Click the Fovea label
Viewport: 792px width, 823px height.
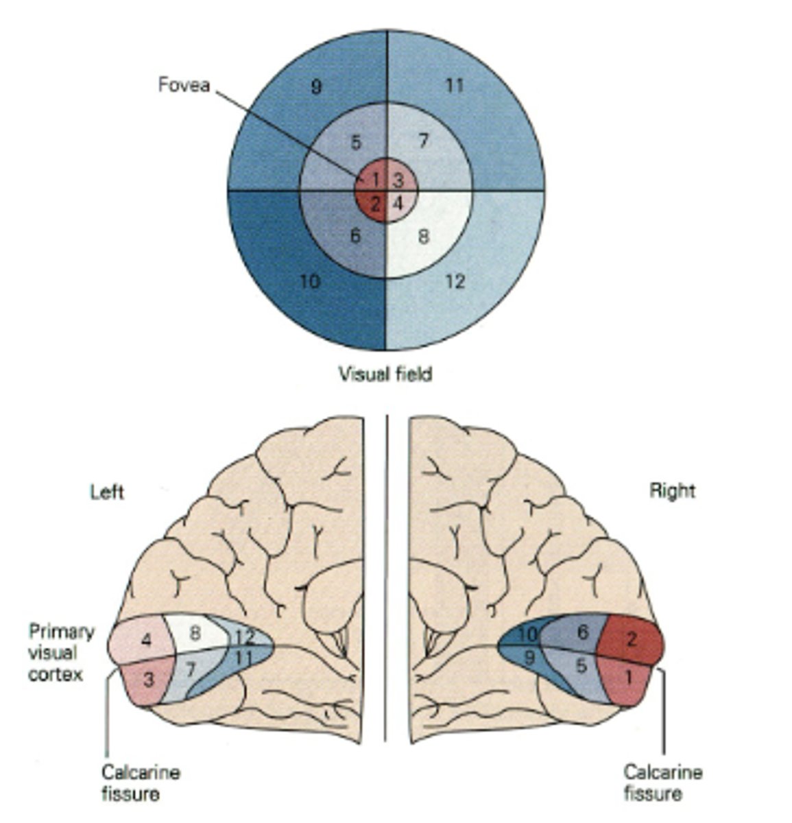tap(184, 85)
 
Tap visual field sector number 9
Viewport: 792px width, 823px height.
tap(316, 87)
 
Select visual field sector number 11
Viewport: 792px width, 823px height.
tap(455, 86)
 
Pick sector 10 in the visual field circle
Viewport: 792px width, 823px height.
tap(311, 281)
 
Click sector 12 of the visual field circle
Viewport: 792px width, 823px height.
tap(455, 281)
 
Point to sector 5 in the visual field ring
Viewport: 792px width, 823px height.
tap(355, 143)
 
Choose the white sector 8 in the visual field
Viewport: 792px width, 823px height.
tap(424, 236)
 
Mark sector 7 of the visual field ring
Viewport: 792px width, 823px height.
tap(423, 141)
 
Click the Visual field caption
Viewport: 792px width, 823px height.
tap(385, 374)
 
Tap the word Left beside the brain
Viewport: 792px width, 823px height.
tap(107, 492)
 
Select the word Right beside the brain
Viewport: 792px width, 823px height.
tap(672, 491)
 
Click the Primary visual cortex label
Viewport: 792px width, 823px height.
tap(61, 652)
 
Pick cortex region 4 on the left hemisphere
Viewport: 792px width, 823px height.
tap(146, 641)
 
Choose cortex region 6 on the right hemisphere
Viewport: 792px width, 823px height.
tap(582, 632)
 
